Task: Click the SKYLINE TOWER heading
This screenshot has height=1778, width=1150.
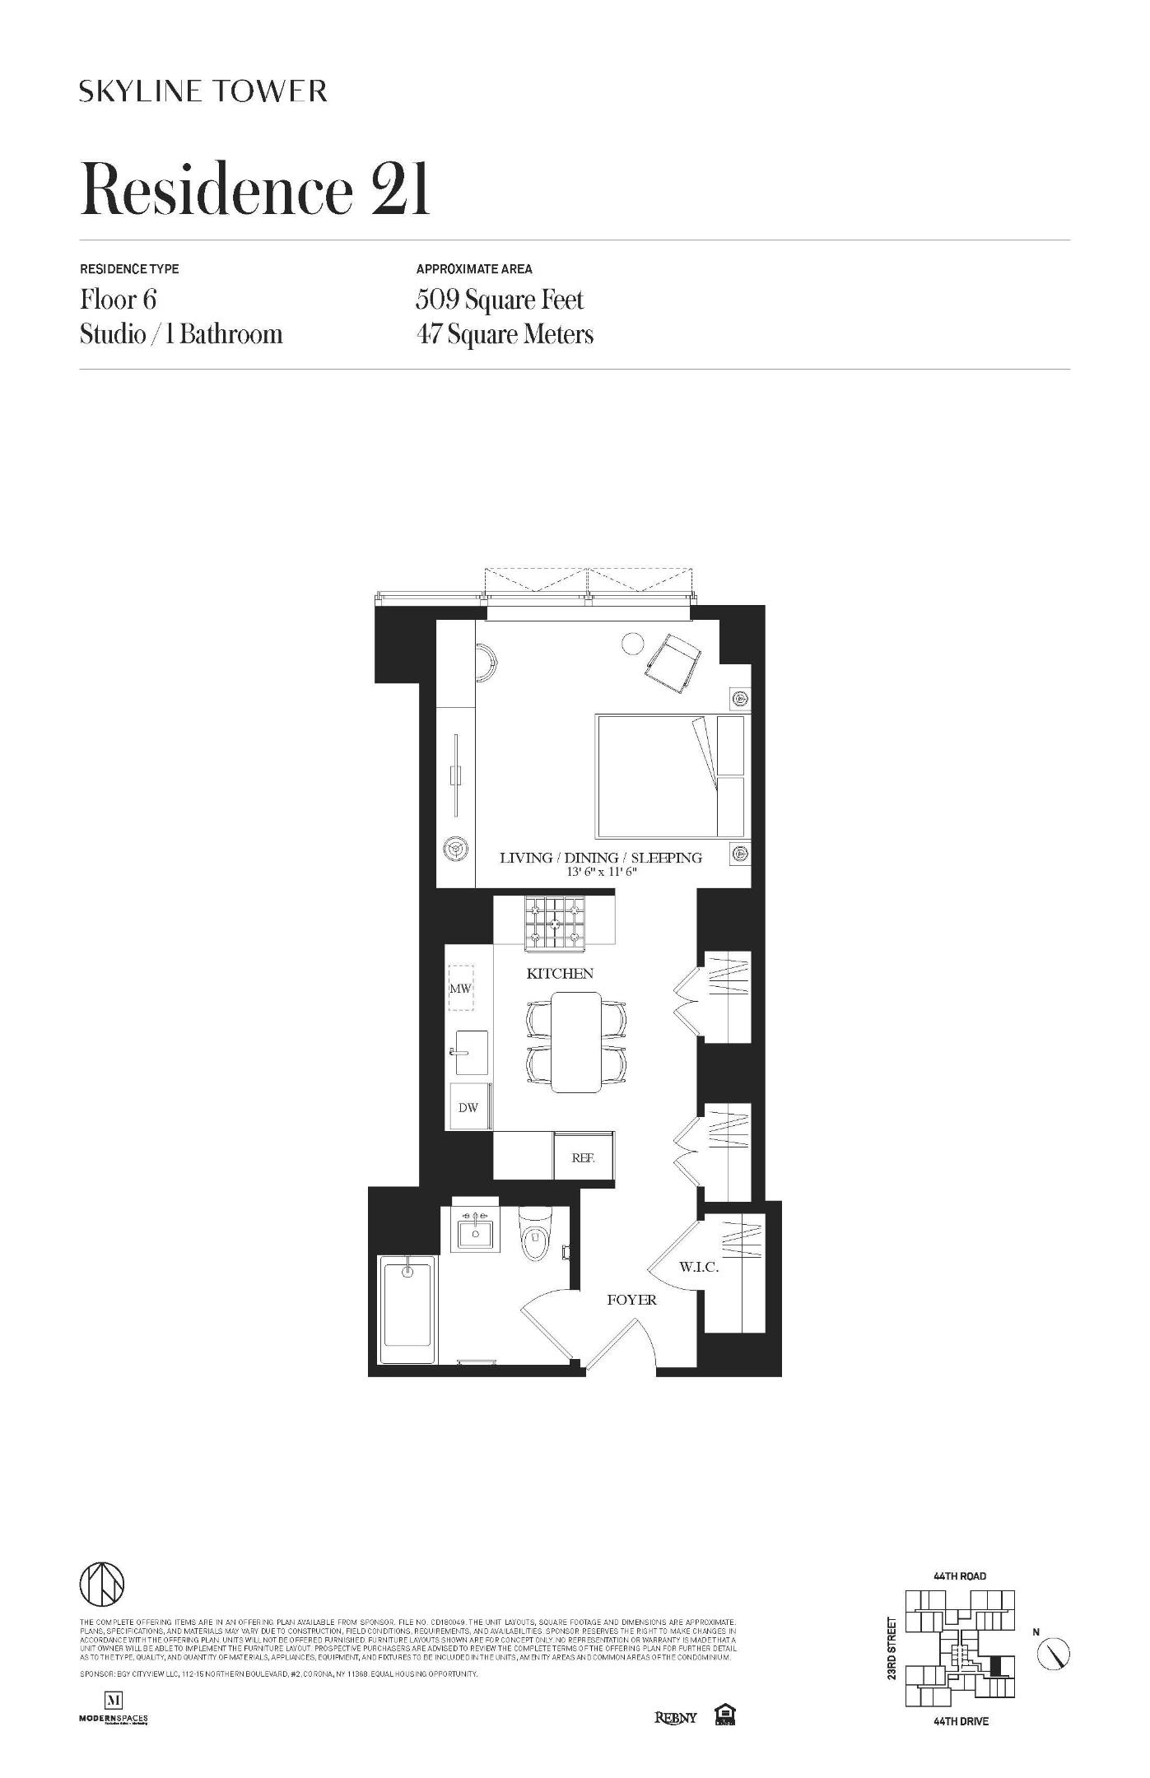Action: [203, 91]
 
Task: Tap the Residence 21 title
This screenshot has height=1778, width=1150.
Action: [255, 190]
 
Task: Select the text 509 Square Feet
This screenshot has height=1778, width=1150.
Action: [500, 300]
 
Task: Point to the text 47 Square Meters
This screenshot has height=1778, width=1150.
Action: [505, 335]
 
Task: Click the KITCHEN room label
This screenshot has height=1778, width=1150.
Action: [560, 974]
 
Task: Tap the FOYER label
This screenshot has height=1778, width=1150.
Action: [631, 1300]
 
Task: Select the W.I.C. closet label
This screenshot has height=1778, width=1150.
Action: [699, 1267]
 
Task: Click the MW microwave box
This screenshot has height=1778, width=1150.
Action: [460, 988]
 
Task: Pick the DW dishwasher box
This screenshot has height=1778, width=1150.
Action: [468, 1107]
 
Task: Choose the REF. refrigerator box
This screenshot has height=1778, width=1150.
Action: [583, 1158]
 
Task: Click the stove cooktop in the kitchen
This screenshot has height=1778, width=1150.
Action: [555, 921]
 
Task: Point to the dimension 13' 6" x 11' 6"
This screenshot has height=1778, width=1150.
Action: [602, 873]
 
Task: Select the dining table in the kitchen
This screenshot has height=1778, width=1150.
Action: [576, 1042]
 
